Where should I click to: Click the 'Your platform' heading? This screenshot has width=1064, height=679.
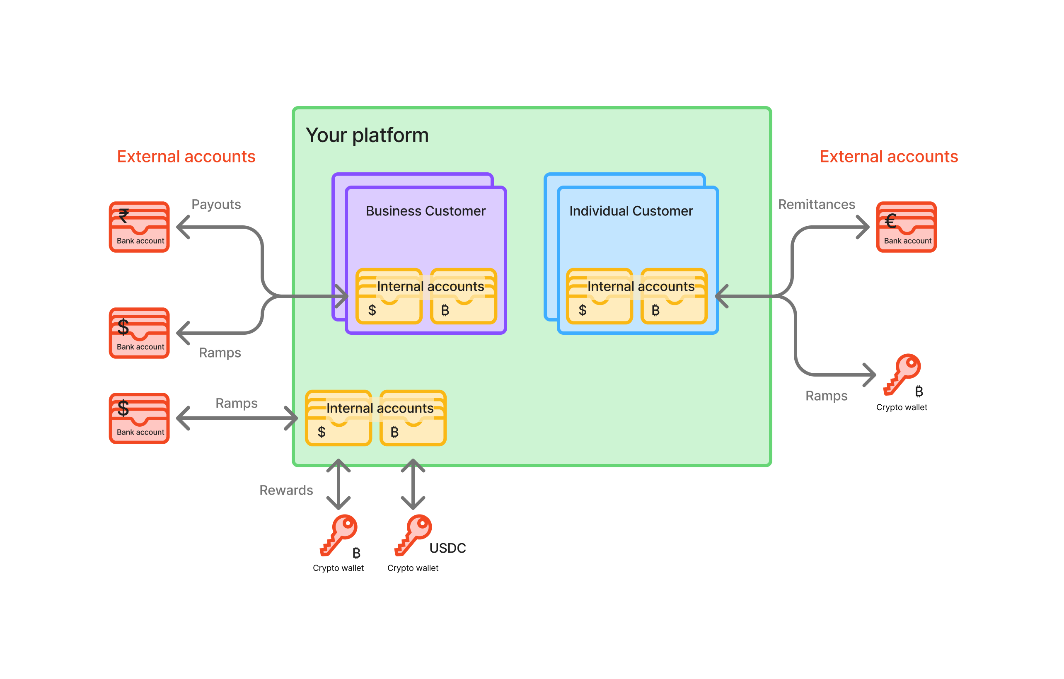[x=367, y=135]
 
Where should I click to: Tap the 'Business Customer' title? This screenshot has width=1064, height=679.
[x=425, y=211]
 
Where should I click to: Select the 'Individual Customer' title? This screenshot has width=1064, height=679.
[x=631, y=211]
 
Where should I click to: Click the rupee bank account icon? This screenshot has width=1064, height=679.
[x=139, y=227]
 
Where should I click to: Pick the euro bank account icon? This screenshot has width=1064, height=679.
[x=906, y=227]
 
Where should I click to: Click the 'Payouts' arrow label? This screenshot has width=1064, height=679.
[x=216, y=205]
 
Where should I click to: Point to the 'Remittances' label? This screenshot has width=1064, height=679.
[x=816, y=205]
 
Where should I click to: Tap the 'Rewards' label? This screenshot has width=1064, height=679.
[x=286, y=491]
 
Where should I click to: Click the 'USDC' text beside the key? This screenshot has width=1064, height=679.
[x=447, y=548]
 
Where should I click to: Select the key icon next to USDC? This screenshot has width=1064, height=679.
[x=413, y=534]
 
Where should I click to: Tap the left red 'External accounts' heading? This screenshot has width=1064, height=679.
[x=186, y=157]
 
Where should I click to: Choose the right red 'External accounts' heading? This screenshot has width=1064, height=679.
[x=888, y=157]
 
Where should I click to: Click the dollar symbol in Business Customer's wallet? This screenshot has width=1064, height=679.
[x=372, y=310]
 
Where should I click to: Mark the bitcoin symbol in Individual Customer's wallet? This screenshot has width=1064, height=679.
[x=655, y=310]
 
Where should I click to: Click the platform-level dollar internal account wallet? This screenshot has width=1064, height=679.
[x=338, y=418]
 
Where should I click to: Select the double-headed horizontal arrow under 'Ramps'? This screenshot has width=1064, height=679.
[x=237, y=418]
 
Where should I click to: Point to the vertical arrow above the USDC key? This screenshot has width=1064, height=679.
[x=413, y=484]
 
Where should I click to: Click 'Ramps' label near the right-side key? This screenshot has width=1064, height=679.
[x=826, y=396]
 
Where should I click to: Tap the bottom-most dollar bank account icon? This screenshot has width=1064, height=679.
[x=139, y=418]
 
